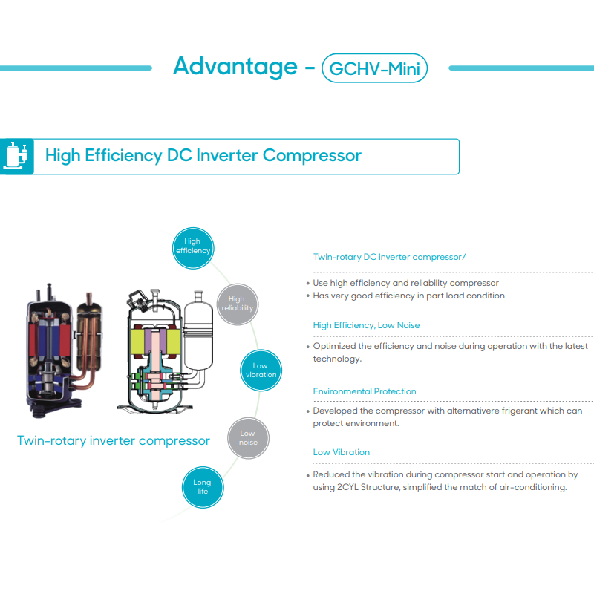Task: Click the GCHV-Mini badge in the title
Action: (374, 68)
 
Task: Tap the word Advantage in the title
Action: (235, 67)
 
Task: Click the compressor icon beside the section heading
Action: (16, 156)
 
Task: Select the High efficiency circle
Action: (192, 246)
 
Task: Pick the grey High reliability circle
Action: (237, 304)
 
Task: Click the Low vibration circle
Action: (261, 370)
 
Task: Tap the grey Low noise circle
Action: (248, 438)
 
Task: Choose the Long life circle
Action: (202, 487)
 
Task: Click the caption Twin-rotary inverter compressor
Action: (114, 441)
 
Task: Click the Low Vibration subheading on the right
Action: (341, 452)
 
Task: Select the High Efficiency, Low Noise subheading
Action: (366, 325)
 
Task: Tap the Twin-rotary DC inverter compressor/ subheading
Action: (389, 257)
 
